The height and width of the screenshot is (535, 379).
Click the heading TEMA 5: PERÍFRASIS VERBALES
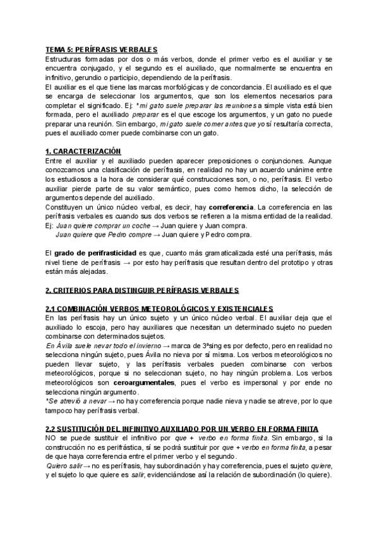[102, 49]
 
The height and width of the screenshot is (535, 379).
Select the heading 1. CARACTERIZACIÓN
[85, 151]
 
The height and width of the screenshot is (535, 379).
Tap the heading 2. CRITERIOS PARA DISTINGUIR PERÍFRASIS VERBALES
[142, 290]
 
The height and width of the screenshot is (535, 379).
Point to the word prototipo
[293, 262]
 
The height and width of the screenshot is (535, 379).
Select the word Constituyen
[64, 207]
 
